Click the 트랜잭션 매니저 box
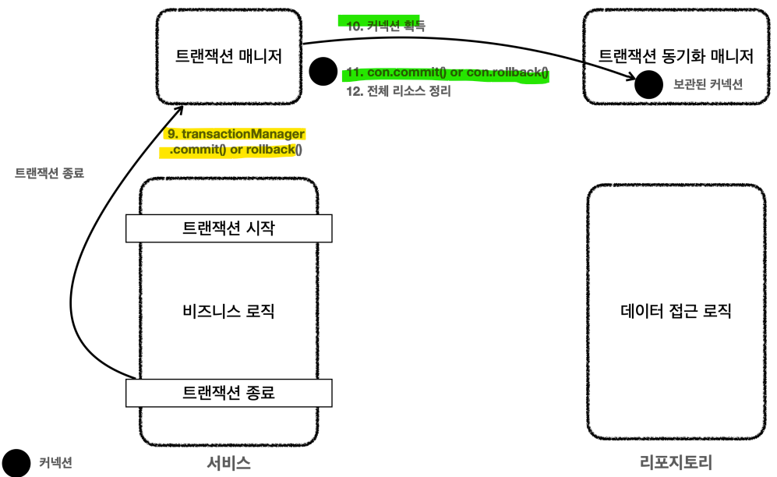point(228,57)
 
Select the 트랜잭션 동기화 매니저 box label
point(676,56)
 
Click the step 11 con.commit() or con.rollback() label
point(447,73)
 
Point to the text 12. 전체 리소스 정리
point(398,91)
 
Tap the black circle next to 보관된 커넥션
point(648,83)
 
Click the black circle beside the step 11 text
point(323,72)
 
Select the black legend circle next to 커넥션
point(16,462)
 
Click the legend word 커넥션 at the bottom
point(55,463)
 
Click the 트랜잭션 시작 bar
point(228,228)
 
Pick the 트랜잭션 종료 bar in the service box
point(228,393)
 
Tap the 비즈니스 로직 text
point(228,312)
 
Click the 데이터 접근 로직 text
point(676,312)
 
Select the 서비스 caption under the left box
point(228,463)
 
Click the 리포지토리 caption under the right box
point(675,463)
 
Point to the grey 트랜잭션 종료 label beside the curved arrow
point(50,174)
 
